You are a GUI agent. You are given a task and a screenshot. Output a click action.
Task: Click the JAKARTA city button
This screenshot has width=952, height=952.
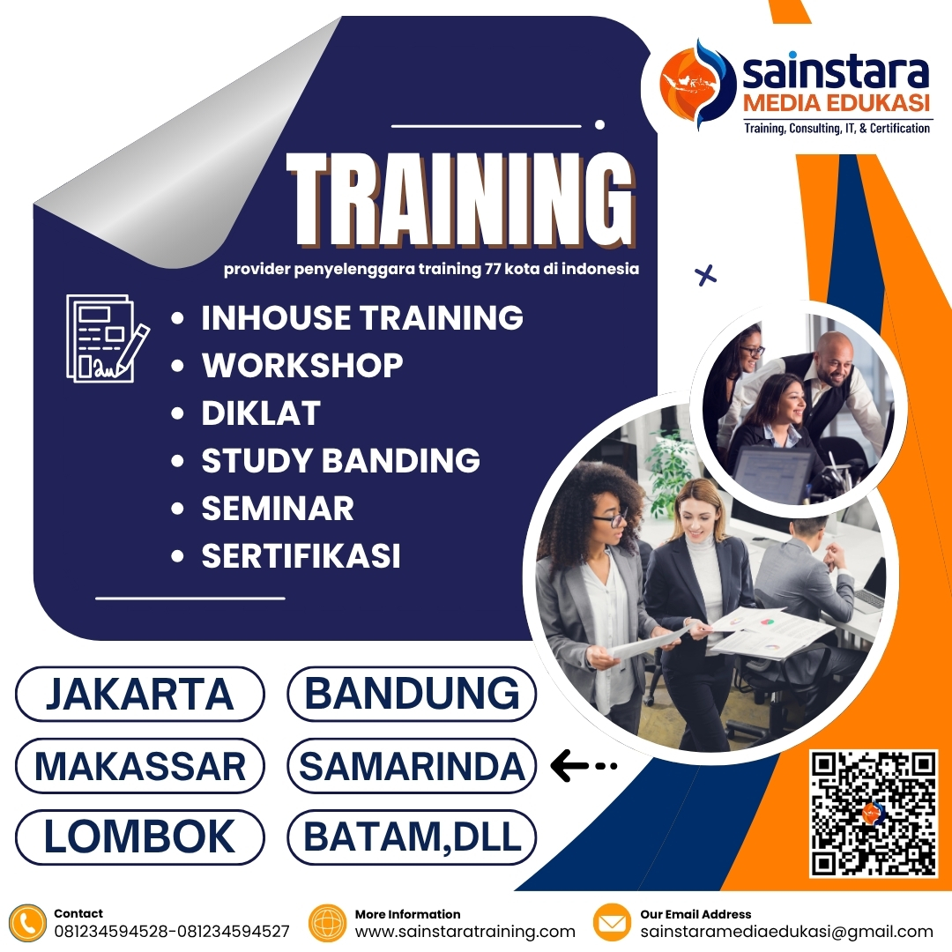click(139, 695)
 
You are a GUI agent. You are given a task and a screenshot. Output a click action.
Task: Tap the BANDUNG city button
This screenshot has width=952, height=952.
click(412, 695)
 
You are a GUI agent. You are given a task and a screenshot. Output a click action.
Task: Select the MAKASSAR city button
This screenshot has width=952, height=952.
click(139, 766)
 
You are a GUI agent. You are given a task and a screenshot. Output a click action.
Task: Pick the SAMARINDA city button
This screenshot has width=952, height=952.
click(412, 766)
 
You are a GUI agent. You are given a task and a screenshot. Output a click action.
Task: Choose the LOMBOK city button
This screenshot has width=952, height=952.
click(139, 837)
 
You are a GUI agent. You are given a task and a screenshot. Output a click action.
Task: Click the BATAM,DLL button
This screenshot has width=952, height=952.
click(412, 837)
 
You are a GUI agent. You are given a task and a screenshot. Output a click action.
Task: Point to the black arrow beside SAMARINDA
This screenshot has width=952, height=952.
click(583, 766)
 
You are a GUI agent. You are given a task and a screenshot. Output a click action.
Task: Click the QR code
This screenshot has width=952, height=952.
click(874, 814)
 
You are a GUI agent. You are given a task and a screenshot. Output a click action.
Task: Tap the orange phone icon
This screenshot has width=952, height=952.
click(29, 923)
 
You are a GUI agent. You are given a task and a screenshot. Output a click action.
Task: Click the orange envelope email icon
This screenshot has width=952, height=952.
click(612, 923)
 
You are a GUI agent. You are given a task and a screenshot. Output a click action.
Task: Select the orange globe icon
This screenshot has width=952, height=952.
click(328, 923)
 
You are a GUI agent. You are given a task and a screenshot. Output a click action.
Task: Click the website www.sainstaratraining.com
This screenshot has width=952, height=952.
click(465, 932)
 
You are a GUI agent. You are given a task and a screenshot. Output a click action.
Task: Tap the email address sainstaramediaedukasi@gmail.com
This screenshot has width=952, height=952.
click(786, 932)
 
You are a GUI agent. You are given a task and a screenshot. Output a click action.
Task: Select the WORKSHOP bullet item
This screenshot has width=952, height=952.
click(302, 365)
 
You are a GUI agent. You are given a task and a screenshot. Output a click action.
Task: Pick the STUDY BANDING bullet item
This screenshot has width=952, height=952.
click(340, 460)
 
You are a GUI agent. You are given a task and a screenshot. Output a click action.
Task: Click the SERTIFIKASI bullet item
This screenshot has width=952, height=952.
click(301, 555)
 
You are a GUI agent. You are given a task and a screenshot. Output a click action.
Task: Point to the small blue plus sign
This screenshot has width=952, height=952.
click(705, 276)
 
